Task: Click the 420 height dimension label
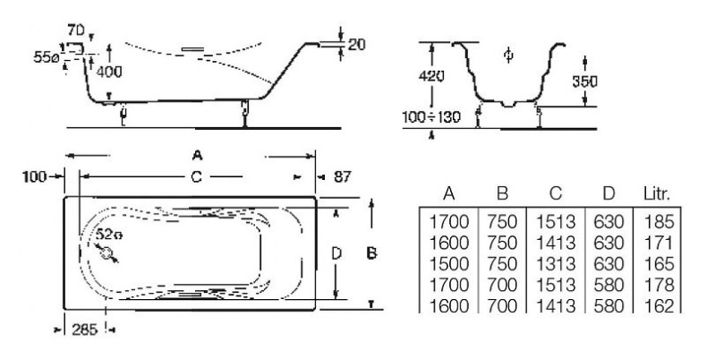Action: coord(431,76)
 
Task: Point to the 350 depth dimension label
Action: coord(584,81)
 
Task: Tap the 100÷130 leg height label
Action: coord(431,116)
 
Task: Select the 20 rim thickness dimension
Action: coord(356,44)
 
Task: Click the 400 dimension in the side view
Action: coord(109,72)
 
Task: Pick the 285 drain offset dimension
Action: coord(85,330)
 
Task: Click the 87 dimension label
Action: coord(342,176)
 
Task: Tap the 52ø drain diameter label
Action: coord(109,234)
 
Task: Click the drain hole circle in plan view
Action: coord(106,253)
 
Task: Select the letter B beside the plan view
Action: coord(371,253)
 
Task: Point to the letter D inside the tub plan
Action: coord(336,254)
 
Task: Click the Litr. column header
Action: coord(657,193)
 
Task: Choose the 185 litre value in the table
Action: coord(659,222)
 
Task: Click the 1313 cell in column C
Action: coord(556,264)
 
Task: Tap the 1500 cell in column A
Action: coord(448,264)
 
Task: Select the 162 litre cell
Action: coord(659,306)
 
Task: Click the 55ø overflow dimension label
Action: coord(47,57)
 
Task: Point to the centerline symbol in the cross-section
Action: coord(508,55)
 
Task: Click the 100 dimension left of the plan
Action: coord(35,176)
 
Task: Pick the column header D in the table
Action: coord(609,193)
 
